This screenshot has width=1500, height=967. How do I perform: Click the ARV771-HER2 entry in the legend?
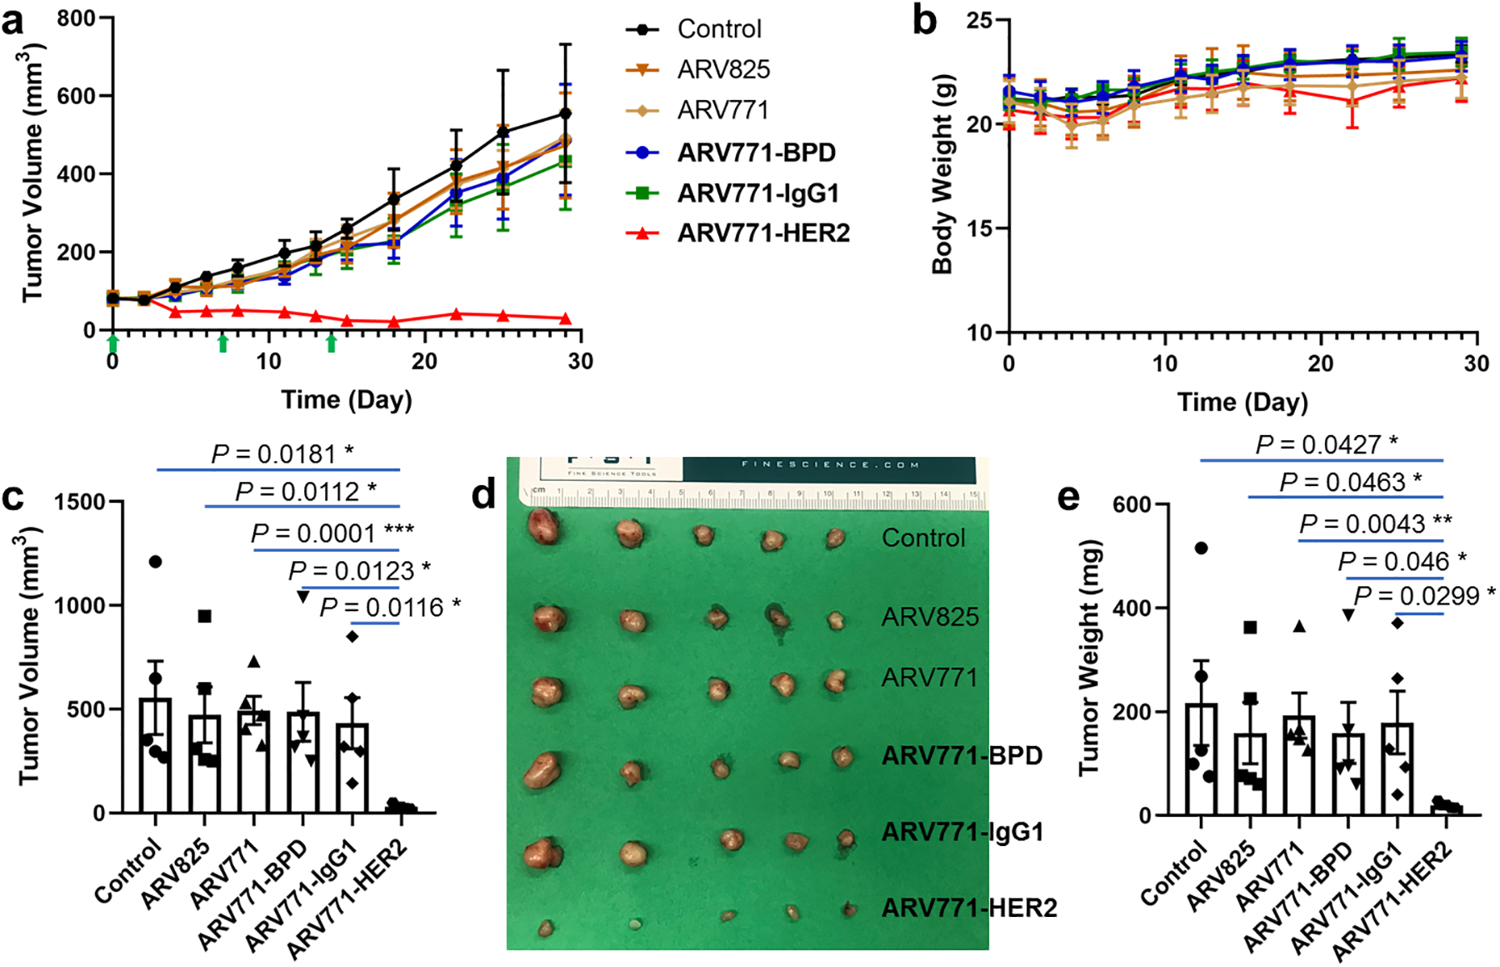click(x=763, y=233)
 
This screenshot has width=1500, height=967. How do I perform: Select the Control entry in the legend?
click(x=719, y=29)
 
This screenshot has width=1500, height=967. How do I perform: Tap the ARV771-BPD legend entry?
click(x=756, y=153)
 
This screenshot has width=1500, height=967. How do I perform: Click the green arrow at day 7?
click(x=222, y=343)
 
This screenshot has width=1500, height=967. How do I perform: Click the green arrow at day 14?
click(x=332, y=343)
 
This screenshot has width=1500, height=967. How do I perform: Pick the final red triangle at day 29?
click(x=565, y=318)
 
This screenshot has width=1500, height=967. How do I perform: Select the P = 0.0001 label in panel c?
click(x=332, y=533)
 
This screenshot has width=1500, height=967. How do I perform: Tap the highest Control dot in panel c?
click(x=155, y=562)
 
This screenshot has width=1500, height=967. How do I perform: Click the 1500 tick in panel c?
click(x=81, y=502)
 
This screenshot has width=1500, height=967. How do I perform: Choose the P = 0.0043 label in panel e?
click(x=1375, y=524)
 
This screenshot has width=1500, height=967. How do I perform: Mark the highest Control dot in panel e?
click(x=1201, y=548)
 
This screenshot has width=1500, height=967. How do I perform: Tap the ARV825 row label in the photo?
click(x=930, y=617)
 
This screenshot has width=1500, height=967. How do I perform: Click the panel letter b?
click(x=924, y=21)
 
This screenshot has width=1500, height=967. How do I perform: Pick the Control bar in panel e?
click(x=1201, y=759)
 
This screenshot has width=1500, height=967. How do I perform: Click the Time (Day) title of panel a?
click(x=347, y=400)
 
